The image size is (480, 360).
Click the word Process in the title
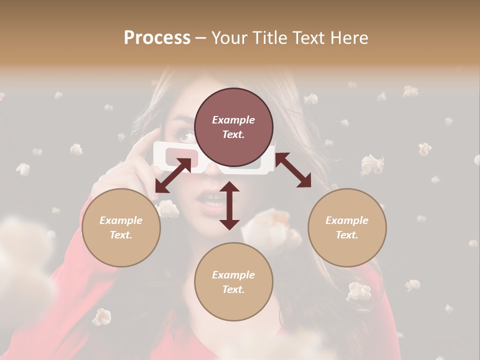click(x=157, y=38)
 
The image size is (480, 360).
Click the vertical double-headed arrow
click(x=229, y=205)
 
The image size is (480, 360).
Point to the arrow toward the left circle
click(x=173, y=175)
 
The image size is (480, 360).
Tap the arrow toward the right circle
click(x=293, y=170)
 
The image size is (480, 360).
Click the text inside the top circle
click(x=233, y=127)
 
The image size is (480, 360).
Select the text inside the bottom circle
click(x=233, y=282)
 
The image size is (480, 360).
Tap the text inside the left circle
click(x=121, y=227)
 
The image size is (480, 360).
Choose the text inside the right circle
click(x=347, y=227)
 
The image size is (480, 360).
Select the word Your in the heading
click(x=227, y=38)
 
